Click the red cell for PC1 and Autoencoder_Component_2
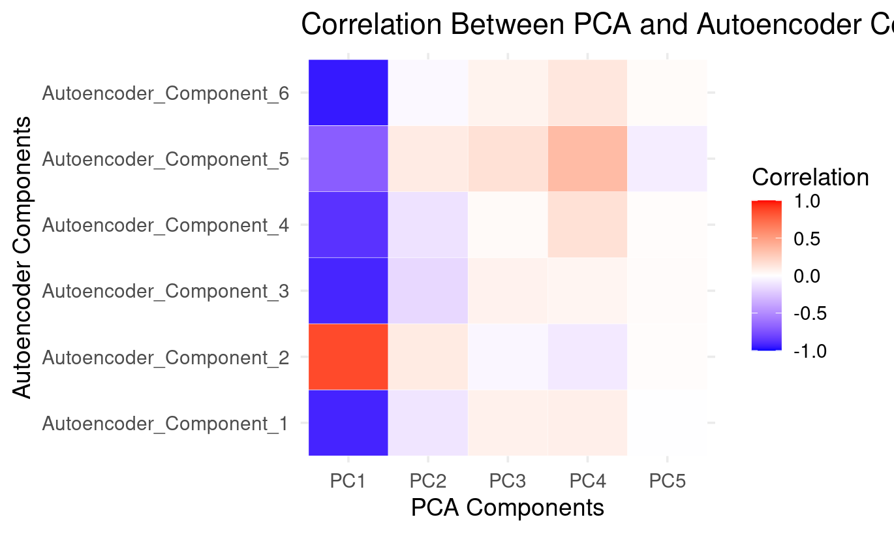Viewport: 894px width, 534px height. [x=348, y=356]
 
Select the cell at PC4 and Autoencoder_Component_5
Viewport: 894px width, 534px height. [x=587, y=159]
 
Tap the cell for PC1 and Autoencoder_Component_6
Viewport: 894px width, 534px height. [x=348, y=93]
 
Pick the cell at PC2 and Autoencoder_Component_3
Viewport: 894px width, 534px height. [x=428, y=291]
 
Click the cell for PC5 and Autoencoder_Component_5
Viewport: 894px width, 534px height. [x=667, y=159]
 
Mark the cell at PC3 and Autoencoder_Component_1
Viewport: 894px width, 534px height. [x=508, y=422]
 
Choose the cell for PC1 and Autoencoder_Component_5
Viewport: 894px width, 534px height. [x=348, y=159]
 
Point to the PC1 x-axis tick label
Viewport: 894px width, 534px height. [x=348, y=482]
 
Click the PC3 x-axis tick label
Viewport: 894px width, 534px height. [x=508, y=482]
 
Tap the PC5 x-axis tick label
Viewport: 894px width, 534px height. [x=667, y=482]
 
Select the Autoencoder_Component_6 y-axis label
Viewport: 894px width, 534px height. [x=165, y=94]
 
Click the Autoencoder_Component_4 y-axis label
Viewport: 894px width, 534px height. [x=165, y=226]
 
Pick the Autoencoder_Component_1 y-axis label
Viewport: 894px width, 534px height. [x=165, y=424]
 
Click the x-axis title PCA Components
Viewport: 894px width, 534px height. [x=507, y=508]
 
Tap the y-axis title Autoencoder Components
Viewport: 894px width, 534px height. [x=22, y=257]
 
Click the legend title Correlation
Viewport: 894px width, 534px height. [x=810, y=177]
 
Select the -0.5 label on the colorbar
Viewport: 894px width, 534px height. [x=809, y=313]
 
